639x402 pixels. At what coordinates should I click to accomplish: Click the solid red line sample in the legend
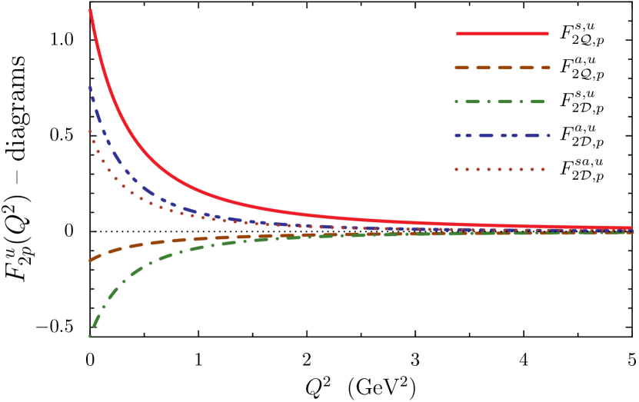(x=502, y=34)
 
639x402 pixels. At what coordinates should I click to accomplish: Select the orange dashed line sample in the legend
(x=502, y=68)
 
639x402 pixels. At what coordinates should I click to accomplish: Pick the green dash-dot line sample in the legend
(x=501, y=101)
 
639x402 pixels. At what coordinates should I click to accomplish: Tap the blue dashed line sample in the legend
(x=502, y=135)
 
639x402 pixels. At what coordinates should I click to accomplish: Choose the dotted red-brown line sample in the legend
(x=500, y=169)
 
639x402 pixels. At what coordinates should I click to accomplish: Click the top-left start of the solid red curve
(x=91, y=11)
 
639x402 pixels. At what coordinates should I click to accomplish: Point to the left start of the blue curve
(x=91, y=88)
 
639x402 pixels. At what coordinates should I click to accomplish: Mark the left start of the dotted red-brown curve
(x=90, y=131)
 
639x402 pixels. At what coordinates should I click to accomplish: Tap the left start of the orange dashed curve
(x=91, y=260)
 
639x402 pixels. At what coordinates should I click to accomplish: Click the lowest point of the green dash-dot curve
(x=90, y=336)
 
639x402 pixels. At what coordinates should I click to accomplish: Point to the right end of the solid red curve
(x=631, y=228)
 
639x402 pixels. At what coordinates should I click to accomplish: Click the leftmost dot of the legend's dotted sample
(x=457, y=169)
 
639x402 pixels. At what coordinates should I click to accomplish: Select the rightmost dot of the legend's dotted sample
(x=543, y=169)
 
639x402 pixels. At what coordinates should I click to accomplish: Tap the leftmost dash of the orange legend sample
(x=461, y=68)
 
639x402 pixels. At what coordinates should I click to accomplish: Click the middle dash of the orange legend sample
(x=504, y=68)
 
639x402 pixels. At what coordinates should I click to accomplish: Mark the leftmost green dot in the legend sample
(x=457, y=101)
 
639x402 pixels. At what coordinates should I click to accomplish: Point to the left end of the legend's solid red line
(x=458, y=34)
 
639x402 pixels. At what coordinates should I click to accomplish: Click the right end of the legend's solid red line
(x=547, y=34)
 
